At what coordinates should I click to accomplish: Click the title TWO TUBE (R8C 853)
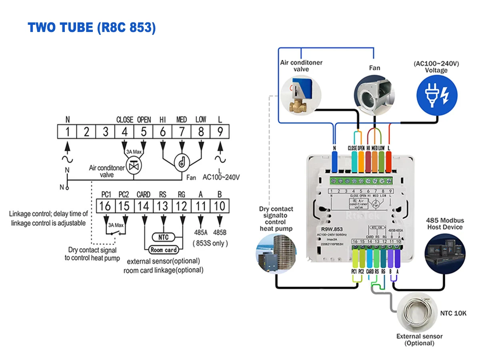[92, 28]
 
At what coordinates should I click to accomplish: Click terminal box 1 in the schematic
[67, 132]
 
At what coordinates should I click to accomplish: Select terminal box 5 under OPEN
[144, 132]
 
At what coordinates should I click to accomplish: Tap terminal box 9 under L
[220, 132]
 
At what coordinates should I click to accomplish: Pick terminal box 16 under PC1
[106, 206]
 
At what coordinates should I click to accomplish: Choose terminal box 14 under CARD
[144, 206]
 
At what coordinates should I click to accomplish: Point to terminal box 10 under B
[220, 206]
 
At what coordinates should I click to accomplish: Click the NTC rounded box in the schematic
[164, 237]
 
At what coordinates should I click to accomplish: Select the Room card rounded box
[164, 250]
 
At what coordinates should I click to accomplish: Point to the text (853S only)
[210, 243]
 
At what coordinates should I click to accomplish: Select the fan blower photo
[374, 94]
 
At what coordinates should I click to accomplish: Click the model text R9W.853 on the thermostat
[328, 230]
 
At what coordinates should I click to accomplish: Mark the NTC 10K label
[453, 313]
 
